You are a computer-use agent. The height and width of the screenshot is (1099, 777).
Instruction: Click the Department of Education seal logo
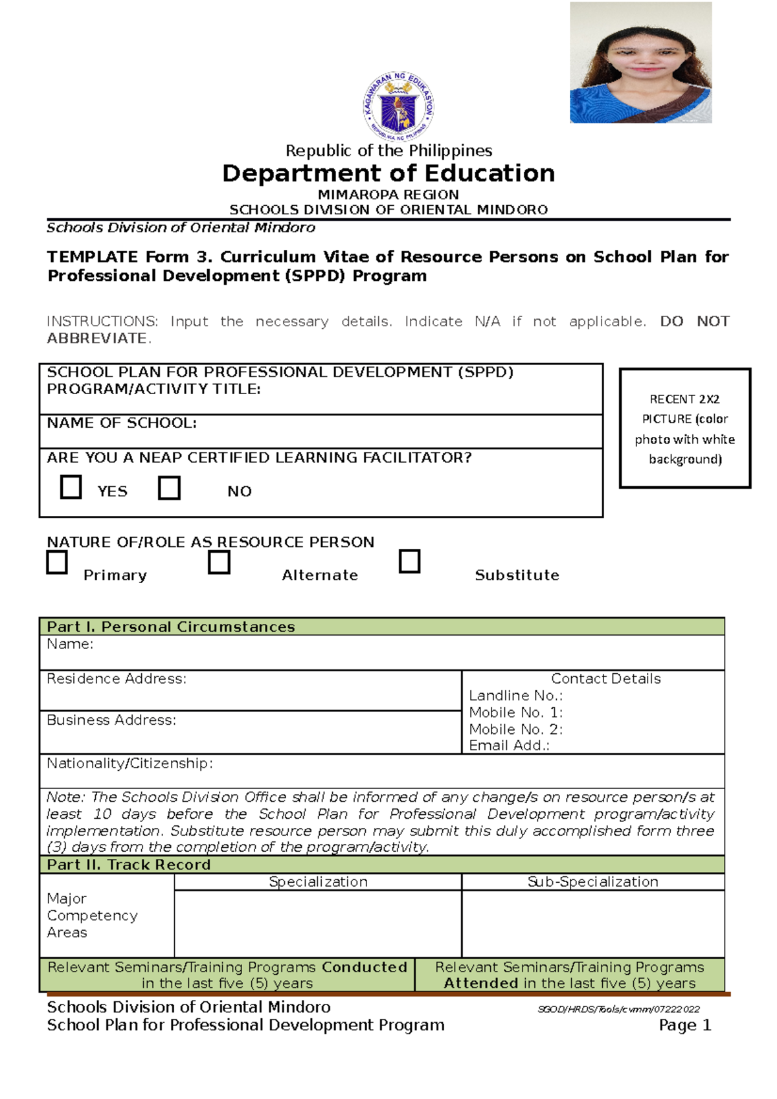pyautogui.click(x=398, y=106)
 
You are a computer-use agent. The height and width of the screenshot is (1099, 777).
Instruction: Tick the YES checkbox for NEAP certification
pyautogui.click(x=71, y=487)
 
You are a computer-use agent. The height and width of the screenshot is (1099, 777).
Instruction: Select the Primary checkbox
pyautogui.click(x=57, y=562)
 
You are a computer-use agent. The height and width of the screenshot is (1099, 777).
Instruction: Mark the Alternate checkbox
pyautogui.click(x=219, y=562)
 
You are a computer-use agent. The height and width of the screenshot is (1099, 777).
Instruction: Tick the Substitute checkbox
pyautogui.click(x=409, y=561)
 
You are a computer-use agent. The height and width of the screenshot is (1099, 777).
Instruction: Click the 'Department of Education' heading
pyautogui.click(x=388, y=173)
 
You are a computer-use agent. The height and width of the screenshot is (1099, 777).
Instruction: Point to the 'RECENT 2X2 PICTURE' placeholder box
pyautogui.click(x=684, y=428)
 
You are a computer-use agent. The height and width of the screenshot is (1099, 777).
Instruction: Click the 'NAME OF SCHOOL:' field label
pyautogui.click(x=122, y=423)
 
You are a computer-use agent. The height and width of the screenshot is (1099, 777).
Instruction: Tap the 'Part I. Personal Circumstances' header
pyautogui.click(x=171, y=627)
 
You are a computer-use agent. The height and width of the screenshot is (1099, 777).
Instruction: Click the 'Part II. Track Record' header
pyautogui.click(x=129, y=865)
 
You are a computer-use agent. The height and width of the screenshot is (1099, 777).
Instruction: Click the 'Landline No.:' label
pyautogui.click(x=515, y=696)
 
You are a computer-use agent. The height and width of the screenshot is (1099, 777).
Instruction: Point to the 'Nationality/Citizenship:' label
pyautogui.click(x=129, y=764)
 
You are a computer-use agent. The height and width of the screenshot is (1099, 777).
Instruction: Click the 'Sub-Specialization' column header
pyautogui.click(x=592, y=882)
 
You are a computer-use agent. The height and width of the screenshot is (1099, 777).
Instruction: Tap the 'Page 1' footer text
pyautogui.click(x=684, y=1025)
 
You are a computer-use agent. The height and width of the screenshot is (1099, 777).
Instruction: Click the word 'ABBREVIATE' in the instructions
pyautogui.click(x=97, y=339)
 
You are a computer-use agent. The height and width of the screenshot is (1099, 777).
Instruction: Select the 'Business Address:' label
pyautogui.click(x=111, y=720)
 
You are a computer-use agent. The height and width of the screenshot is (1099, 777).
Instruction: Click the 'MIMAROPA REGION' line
pyautogui.click(x=388, y=195)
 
